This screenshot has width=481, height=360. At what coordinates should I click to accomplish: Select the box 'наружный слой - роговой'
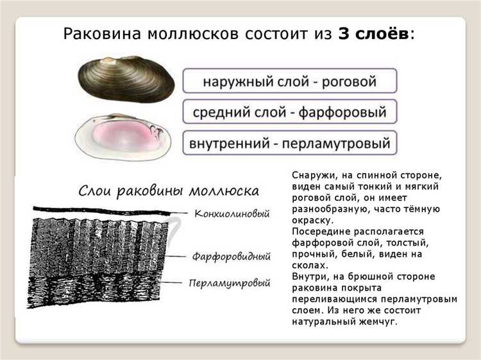pos(289,82)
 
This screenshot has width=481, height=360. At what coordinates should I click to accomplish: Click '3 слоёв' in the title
pos(373,34)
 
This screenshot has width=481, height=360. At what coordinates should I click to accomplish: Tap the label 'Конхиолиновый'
pos(232,213)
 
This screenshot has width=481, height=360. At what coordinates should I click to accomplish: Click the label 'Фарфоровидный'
pos(232,256)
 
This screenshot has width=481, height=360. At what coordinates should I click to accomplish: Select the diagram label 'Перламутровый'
pos(229,282)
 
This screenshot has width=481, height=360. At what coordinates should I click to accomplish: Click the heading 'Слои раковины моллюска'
pos(169,191)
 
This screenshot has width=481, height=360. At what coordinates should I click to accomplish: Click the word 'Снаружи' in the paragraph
pos(312,175)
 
